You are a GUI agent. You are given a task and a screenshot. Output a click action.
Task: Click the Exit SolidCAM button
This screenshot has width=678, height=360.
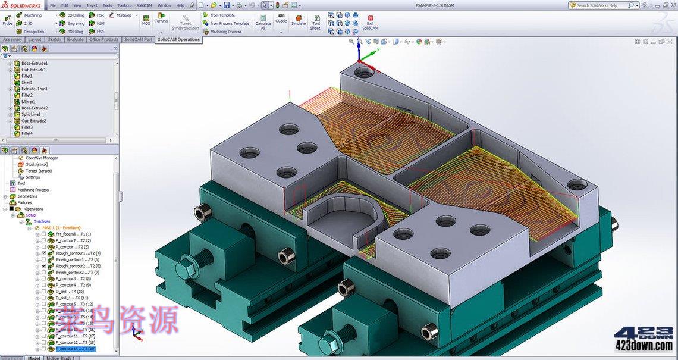click(x=370, y=22)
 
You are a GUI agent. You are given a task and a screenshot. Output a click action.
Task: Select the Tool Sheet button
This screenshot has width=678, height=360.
click(x=316, y=22)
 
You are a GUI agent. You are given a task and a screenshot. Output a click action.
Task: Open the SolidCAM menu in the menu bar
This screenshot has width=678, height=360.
click(x=144, y=5)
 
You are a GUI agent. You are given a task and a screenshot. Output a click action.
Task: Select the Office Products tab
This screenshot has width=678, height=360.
click(x=103, y=40)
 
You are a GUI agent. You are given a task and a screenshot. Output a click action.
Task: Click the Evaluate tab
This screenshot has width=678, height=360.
click(x=75, y=40)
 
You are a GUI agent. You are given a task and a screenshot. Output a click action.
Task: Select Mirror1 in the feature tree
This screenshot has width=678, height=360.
click(x=28, y=102)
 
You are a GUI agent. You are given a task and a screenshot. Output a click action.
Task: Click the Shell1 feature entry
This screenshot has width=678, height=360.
click(x=27, y=82)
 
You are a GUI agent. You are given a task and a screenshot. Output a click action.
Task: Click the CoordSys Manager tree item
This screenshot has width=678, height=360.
click(x=42, y=158)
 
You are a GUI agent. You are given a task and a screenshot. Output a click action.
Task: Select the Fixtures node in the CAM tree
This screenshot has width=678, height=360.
click(x=24, y=202)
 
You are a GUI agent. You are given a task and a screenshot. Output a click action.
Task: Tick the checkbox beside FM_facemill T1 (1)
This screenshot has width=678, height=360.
click(x=43, y=234)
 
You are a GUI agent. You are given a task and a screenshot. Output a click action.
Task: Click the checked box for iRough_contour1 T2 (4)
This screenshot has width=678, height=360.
click(x=43, y=253)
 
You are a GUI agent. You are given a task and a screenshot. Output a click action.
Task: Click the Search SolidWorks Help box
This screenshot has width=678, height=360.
click(x=601, y=5)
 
